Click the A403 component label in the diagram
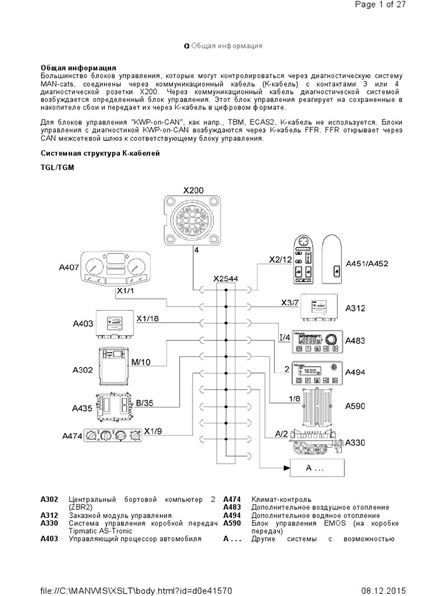pyautogui.click(x=84, y=324)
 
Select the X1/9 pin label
pyautogui.click(x=154, y=431)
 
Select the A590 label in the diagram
pyautogui.click(x=355, y=406)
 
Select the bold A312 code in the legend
pyautogui.click(x=49, y=516)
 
